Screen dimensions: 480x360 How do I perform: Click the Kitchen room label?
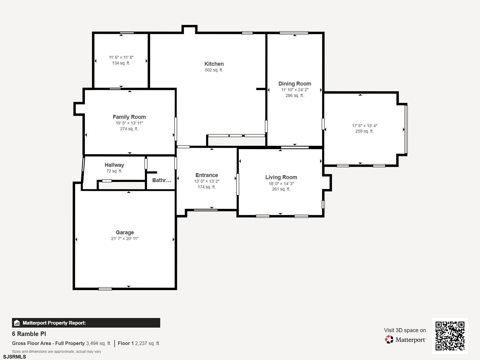click(214, 64)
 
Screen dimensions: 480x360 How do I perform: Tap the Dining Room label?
click(295, 83)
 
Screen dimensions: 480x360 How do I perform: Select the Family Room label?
click(129, 117)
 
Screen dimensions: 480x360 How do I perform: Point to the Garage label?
click(124, 232)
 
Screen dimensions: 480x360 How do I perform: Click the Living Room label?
click(281, 177)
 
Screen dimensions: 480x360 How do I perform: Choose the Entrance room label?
click(206, 175)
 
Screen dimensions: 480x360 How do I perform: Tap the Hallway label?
click(114, 165)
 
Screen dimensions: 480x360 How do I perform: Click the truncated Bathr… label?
click(162, 180)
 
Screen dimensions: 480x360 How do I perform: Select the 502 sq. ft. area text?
click(214, 70)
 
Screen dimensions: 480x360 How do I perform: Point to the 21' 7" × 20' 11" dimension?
click(124, 238)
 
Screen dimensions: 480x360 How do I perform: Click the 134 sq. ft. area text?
click(121, 63)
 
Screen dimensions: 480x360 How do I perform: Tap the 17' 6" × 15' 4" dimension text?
click(364, 126)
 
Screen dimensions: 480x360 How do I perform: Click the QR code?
click(450, 336)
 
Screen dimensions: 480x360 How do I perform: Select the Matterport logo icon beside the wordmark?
click(389, 339)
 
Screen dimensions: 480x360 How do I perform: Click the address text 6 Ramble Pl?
click(29, 334)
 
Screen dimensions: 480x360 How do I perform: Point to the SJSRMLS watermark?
click(14, 357)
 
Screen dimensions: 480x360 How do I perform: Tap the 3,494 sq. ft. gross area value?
click(98, 343)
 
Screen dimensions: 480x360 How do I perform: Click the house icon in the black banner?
click(17, 323)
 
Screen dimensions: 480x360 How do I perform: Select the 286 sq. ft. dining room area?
click(295, 95)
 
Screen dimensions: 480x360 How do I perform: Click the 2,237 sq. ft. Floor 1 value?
click(147, 343)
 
